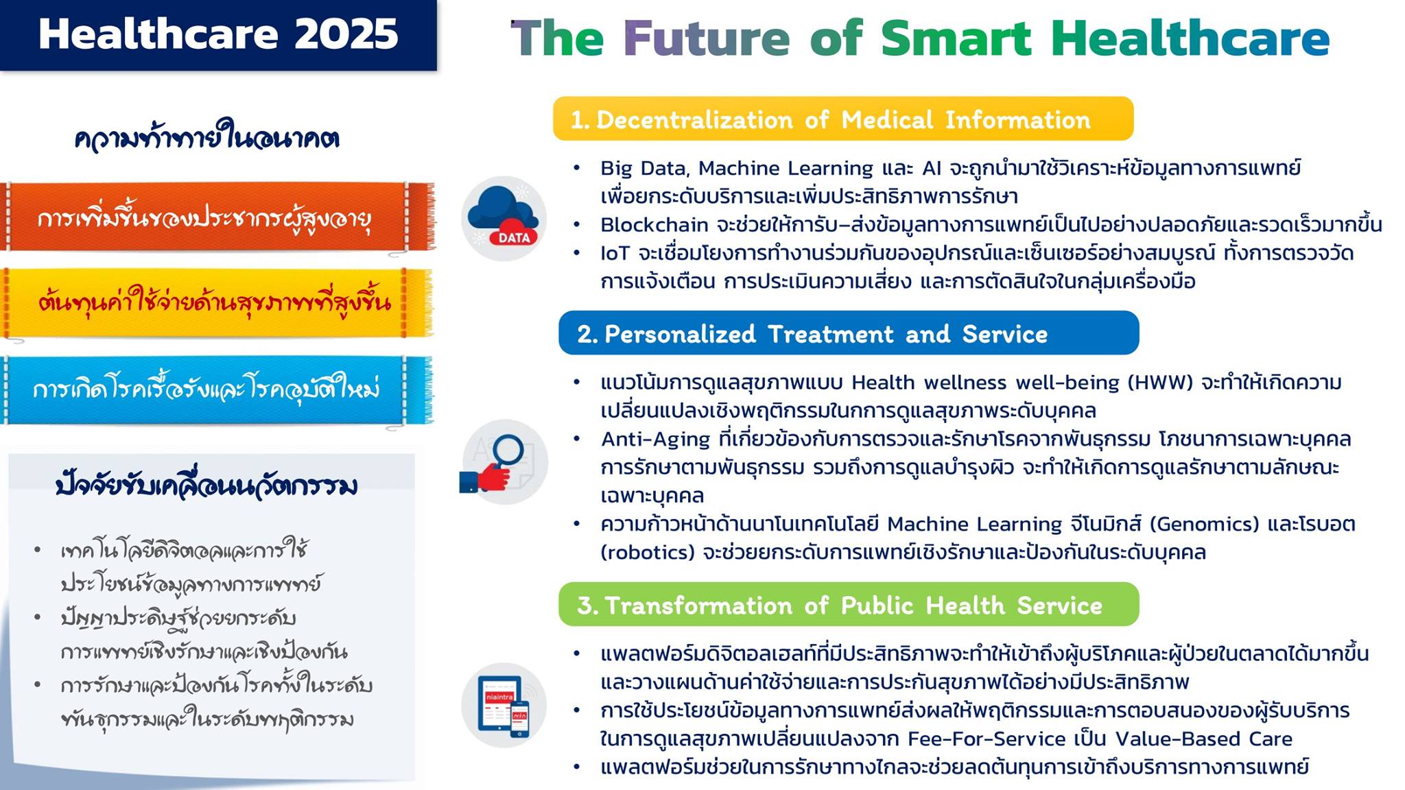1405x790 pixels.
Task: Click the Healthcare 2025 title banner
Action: click(x=218, y=35)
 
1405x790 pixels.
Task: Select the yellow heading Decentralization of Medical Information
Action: click(x=843, y=119)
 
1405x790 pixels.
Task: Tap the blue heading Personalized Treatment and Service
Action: click(x=849, y=333)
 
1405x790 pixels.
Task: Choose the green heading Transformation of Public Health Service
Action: click(x=849, y=604)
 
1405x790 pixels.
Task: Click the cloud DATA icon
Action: click(x=504, y=218)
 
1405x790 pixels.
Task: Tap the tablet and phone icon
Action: click(x=504, y=705)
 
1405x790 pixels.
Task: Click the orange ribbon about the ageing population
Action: click(x=217, y=217)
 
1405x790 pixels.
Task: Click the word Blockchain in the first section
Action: click(x=654, y=225)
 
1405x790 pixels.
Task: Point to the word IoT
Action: click(x=615, y=253)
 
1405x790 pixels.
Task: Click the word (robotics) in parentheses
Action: click(x=648, y=553)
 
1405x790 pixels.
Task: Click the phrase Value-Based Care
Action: click(x=1203, y=739)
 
